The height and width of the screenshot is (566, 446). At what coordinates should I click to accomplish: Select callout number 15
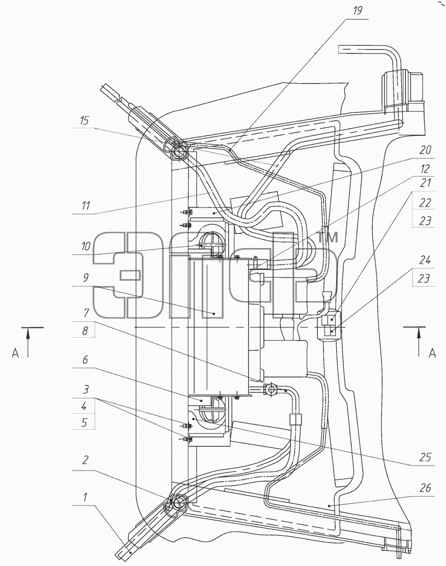[85, 121]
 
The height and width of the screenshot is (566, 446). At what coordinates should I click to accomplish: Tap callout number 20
[425, 150]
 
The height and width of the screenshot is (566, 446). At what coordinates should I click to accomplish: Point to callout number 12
[425, 169]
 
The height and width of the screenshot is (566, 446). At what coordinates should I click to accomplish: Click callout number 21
[425, 183]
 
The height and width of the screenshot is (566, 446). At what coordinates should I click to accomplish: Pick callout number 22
[425, 203]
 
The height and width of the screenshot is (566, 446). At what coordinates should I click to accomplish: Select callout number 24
[425, 261]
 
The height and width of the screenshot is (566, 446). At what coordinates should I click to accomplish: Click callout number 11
[86, 206]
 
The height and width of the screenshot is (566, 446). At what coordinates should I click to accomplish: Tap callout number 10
[86, 247]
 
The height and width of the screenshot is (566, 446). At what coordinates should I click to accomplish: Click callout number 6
[85, 360]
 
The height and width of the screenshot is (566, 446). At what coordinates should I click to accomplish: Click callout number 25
[425, 458]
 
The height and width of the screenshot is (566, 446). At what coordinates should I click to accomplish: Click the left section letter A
[16, 353]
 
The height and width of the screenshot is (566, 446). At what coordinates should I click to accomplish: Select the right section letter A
[432, 353]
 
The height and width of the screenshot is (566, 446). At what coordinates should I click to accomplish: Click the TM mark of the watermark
[328, 238]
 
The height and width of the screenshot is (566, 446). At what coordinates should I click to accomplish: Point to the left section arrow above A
[28, 342]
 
